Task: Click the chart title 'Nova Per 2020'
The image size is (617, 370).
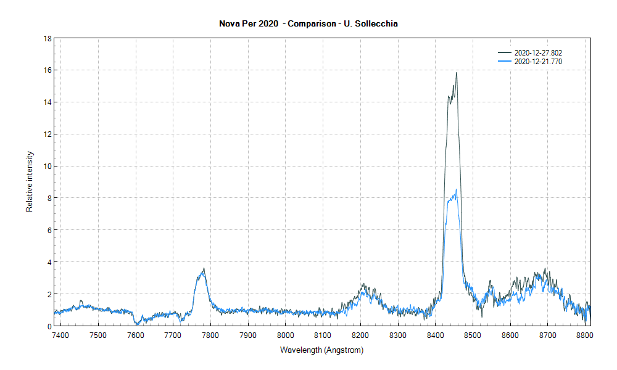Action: point(246,24)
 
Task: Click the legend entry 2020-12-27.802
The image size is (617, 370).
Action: point(537,53)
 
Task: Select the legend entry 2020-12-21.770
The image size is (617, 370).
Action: point(537,62)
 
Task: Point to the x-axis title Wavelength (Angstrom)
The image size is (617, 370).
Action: point(321,350)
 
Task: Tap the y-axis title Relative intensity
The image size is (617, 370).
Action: point(29,181)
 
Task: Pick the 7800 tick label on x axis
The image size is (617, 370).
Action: point(210,335)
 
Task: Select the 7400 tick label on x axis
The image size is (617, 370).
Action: point(60,335)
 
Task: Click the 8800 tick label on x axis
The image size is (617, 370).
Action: point(584,335)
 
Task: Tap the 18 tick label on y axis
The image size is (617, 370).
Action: point(47,38)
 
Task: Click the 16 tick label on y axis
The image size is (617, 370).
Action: point(47,70)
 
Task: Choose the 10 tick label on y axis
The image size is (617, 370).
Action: point(47,166)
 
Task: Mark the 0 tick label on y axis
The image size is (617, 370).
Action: point(49,326)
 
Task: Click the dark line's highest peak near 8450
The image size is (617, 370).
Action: point(457,73)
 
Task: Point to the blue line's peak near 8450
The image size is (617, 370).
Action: point(456,190)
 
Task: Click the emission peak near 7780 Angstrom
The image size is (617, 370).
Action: point(203,269)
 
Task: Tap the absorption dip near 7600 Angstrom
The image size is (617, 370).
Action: point(136,323)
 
